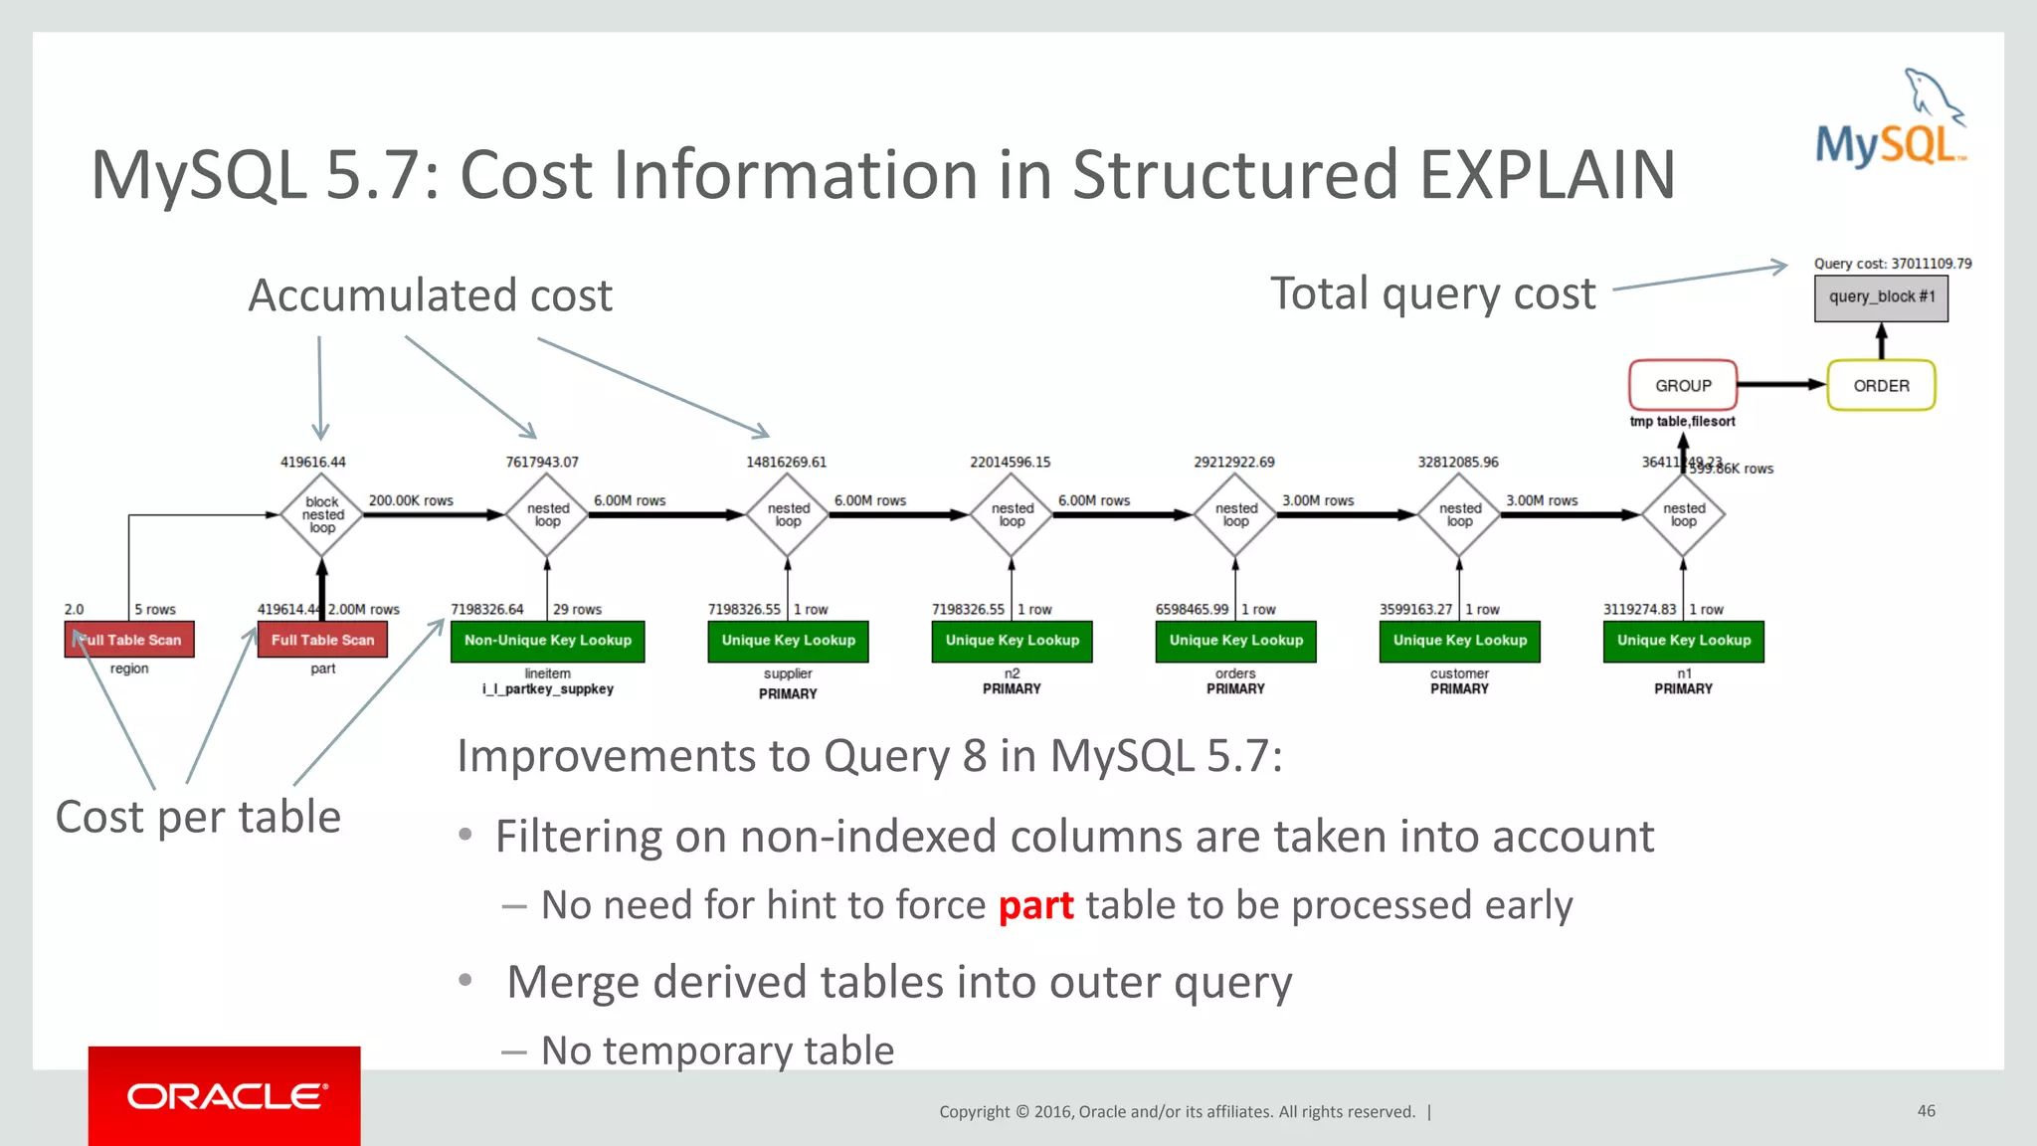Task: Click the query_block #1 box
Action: (x=1881, y=298)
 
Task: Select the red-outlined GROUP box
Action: (x=1683, y=385)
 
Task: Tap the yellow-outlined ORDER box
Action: (x=1881, y=385)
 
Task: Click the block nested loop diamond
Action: (x=322, y=514)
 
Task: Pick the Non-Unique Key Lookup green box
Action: (x=547, y=641)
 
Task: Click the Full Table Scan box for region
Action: (x=129, y=640)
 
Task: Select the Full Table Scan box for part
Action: (x=322, y=640)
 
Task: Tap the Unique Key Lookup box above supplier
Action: (x=788, y=641)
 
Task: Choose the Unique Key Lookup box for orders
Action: (x=1235, y=641)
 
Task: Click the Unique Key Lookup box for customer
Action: (x=1459, y=641)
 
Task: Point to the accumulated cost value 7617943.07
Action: (x=541, y=463)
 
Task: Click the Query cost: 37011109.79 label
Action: (x=1892, y=264)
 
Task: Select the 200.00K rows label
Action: (x=411, y=500)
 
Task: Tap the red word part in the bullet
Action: (x=1035, y=906)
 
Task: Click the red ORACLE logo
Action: (x=225, y=1095)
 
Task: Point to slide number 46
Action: (x=1926, y=1110)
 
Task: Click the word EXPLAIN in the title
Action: (x=1547, y=175)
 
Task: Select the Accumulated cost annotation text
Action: (x=430, y=295)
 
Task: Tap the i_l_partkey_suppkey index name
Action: (x=548, y=689)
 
